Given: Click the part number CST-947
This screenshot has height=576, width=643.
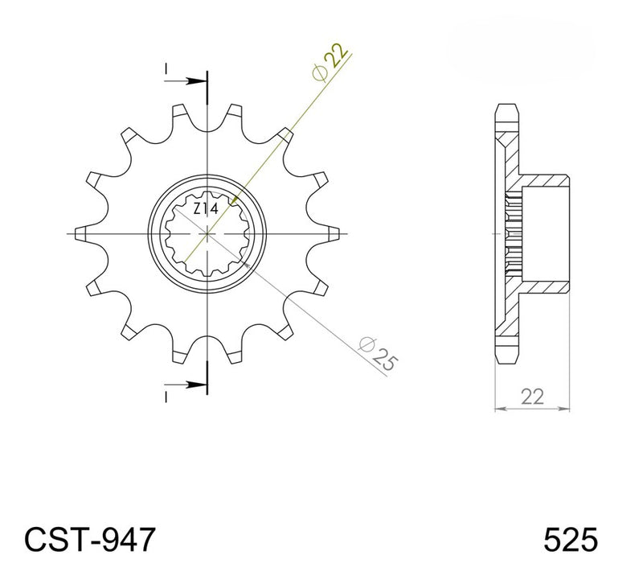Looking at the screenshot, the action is click(90, 539).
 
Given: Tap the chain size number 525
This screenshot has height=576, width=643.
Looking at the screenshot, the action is click(571, 540).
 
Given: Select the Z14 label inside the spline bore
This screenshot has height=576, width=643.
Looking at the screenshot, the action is click(206, 209).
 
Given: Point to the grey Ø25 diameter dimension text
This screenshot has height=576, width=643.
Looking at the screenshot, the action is click(378, 353).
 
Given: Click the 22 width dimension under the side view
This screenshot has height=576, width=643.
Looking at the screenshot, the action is click(532, 397).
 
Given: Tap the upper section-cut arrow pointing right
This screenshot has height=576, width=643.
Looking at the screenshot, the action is click(186, 80).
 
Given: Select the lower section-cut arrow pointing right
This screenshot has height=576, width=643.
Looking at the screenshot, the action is click(186, 385).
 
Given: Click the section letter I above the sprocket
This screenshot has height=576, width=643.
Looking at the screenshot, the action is click(166, 69).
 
